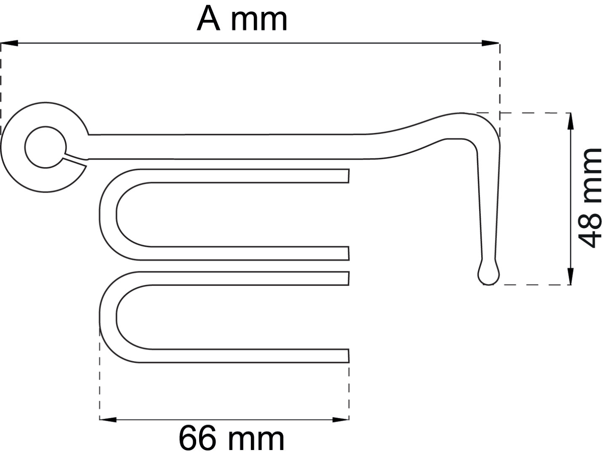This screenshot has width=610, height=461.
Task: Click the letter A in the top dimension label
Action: pos(208,19)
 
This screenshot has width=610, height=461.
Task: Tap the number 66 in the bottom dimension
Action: pos(197,439)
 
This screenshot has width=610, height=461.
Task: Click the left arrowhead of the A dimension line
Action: pos(9,43)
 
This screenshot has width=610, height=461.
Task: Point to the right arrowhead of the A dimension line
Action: pos(491,43)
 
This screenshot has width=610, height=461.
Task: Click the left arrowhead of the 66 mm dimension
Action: pos(108,420)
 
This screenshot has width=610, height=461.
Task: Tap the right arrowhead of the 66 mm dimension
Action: pos(341,420)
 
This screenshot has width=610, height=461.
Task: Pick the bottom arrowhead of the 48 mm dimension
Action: pos(571,276)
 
